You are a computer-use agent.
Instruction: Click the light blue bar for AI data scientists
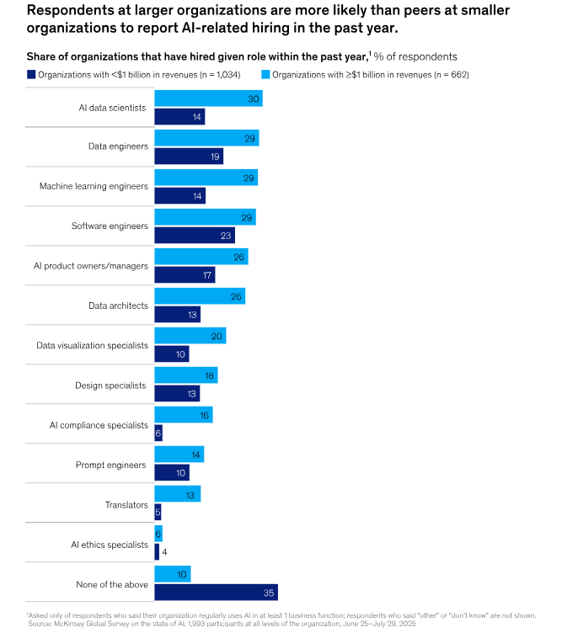coord(208,98)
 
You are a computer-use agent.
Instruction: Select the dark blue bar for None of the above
coord(216,593)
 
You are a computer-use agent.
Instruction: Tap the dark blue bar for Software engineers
coord(195,236)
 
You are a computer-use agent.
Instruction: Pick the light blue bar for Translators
coord(177,495)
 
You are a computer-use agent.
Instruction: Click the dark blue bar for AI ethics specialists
coord(157,552)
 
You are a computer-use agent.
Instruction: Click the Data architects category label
coord(118,306)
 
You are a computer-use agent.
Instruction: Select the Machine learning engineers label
coord(94,186)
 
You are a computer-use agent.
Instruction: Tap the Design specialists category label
coord(110,385)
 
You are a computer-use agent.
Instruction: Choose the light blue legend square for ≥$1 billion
coord(265,74)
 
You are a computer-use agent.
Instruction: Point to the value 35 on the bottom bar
coord(269,593)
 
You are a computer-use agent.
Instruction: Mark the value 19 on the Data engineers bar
coord(215,157)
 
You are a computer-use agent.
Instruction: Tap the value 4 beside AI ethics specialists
coord(164,552)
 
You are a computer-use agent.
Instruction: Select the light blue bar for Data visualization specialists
coord(190,336)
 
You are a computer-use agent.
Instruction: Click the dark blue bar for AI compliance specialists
coord(158,433)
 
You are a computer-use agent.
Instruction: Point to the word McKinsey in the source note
coord(74,623)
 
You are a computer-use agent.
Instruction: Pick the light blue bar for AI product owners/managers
coord(201,257)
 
